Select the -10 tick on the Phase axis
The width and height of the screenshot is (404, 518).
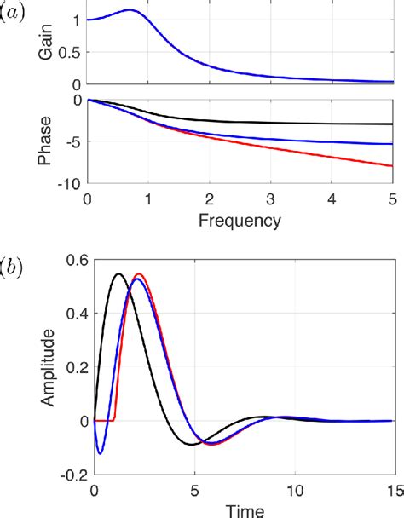coord(72,183)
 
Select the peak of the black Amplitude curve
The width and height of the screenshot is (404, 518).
coord(118,273)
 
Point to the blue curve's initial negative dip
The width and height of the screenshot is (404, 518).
coord(100,453)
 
